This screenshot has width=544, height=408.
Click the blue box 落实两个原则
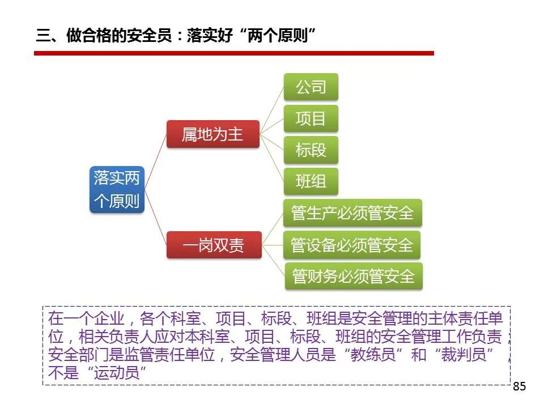coord(117,189)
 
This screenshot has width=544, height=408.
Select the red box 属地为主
coord(213,134)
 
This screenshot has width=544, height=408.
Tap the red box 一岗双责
coord(214,245)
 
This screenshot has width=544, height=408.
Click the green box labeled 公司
coord(311,87)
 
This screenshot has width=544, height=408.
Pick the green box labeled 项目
coord(311,118)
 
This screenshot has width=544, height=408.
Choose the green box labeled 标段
coord(311,150)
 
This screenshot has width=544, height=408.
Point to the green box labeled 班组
coord(311,181)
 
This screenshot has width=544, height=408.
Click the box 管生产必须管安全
coord(353,212)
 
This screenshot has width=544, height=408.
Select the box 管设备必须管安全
coord(352,245)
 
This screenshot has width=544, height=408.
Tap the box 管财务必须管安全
coord(354,276)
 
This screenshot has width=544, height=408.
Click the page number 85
coord(520,386)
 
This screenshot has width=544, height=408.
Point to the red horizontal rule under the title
coord(234,53)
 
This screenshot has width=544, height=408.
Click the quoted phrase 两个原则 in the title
coord(278,35)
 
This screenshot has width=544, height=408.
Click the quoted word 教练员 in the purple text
coord(373,354)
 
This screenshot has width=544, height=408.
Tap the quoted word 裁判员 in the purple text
coord(464,354)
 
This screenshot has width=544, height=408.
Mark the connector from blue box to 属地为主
coord(156,161)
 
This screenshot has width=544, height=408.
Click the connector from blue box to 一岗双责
coord(156,217)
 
